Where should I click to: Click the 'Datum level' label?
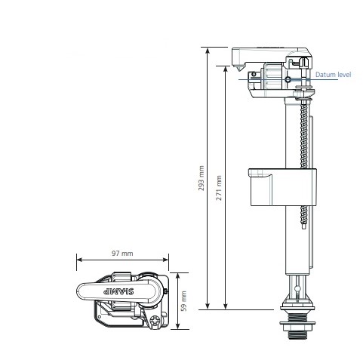pos(334,75)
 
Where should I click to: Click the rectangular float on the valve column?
pos(281,186)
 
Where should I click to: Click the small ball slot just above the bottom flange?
pos(298,291)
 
